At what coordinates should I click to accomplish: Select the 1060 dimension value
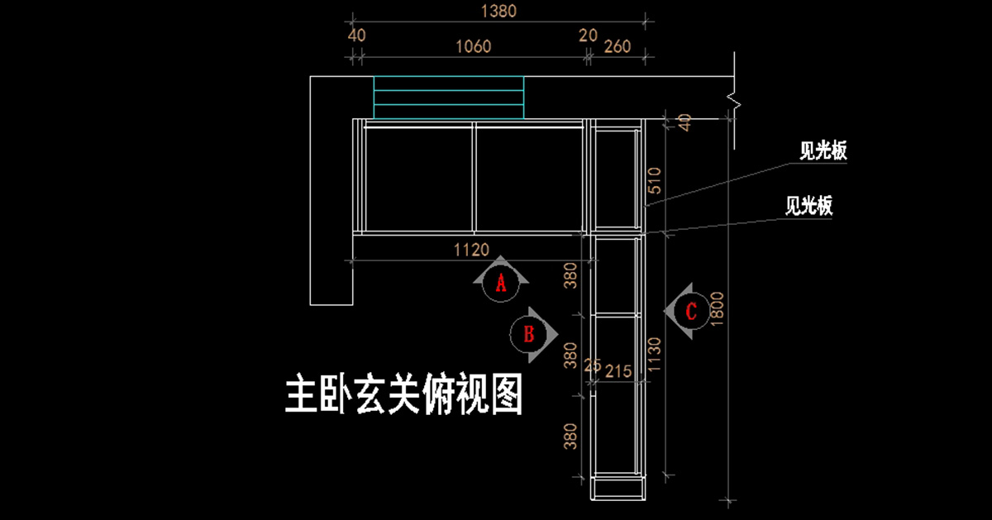tap(471, 46)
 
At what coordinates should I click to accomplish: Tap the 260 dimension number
tap(618, 46)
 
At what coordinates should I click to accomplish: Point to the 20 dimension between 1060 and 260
tap(588, 36)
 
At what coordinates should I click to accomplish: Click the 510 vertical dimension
tap(654, 186)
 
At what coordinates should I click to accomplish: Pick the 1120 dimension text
tap(472, 249)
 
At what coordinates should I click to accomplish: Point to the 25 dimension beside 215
tap(592, 365)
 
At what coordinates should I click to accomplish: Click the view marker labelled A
tap(500, 284)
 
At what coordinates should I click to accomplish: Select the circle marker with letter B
tap(529, 334)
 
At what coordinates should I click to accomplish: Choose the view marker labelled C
tap(691, 311)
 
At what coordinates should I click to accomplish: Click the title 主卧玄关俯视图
tap(404, 395)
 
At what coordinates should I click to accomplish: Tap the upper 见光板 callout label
tap(823, 151)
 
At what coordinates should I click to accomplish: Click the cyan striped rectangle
tap(449, 98)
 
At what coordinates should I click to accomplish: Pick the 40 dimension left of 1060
tap(356, 36)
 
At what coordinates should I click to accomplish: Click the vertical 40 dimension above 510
tap(683, 122)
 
